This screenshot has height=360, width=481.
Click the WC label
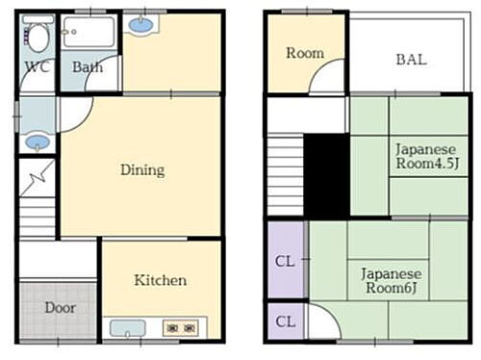tap(38, 66)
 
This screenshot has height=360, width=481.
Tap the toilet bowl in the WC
tap(38, 38)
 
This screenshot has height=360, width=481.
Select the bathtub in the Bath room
tap(89, 32)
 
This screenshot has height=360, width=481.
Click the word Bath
tap(88, 67)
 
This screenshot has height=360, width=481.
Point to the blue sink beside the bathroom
tap(141, 25)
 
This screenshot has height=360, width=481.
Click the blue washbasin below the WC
tap(38, 141)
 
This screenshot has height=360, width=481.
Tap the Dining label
tap(142, 169)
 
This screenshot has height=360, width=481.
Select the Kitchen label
tap(161, 280)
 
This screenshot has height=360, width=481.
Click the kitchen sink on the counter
tap(128, 328)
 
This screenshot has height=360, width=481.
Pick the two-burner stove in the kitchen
tap(181, 328)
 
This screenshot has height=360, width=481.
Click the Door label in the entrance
tap(61, 308)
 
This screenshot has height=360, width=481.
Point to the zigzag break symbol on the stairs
tap(38, 178)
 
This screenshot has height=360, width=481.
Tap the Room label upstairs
tap(305, 53)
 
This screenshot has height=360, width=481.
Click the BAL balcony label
tap(412, 60)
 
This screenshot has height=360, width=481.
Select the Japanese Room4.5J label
tap(427, 156)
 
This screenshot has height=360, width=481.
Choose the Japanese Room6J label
tap(392, 281)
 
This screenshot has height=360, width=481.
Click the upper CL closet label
tap(285, 261)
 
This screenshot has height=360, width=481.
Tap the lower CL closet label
tap(286, 321)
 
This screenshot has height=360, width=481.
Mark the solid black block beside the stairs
tap(326, 176)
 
